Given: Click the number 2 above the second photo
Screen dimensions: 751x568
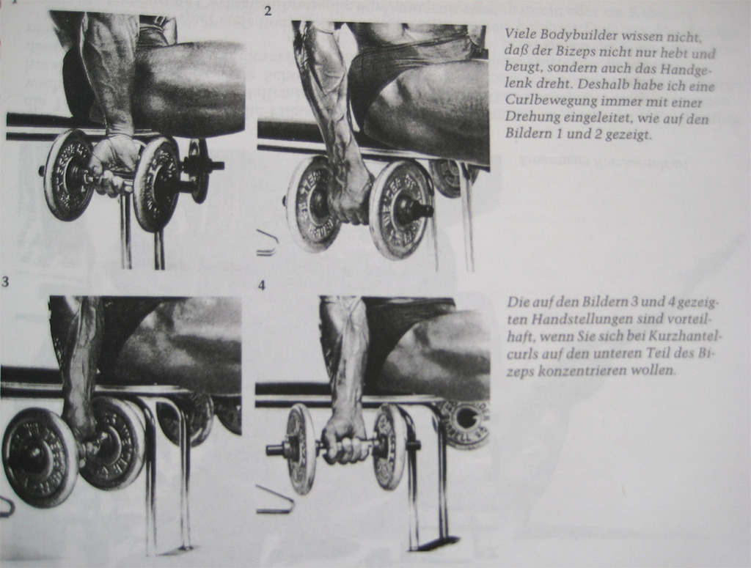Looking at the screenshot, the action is click(x=268, y=10).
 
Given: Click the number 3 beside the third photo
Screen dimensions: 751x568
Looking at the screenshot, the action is click(x=5, y=281).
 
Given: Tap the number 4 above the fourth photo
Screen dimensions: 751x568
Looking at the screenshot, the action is click(x=262, y=286).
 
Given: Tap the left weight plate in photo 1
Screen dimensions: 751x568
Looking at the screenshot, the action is click(x=67, y=175).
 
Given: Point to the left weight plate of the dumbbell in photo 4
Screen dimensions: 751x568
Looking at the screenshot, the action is click(x=300, y=449).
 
